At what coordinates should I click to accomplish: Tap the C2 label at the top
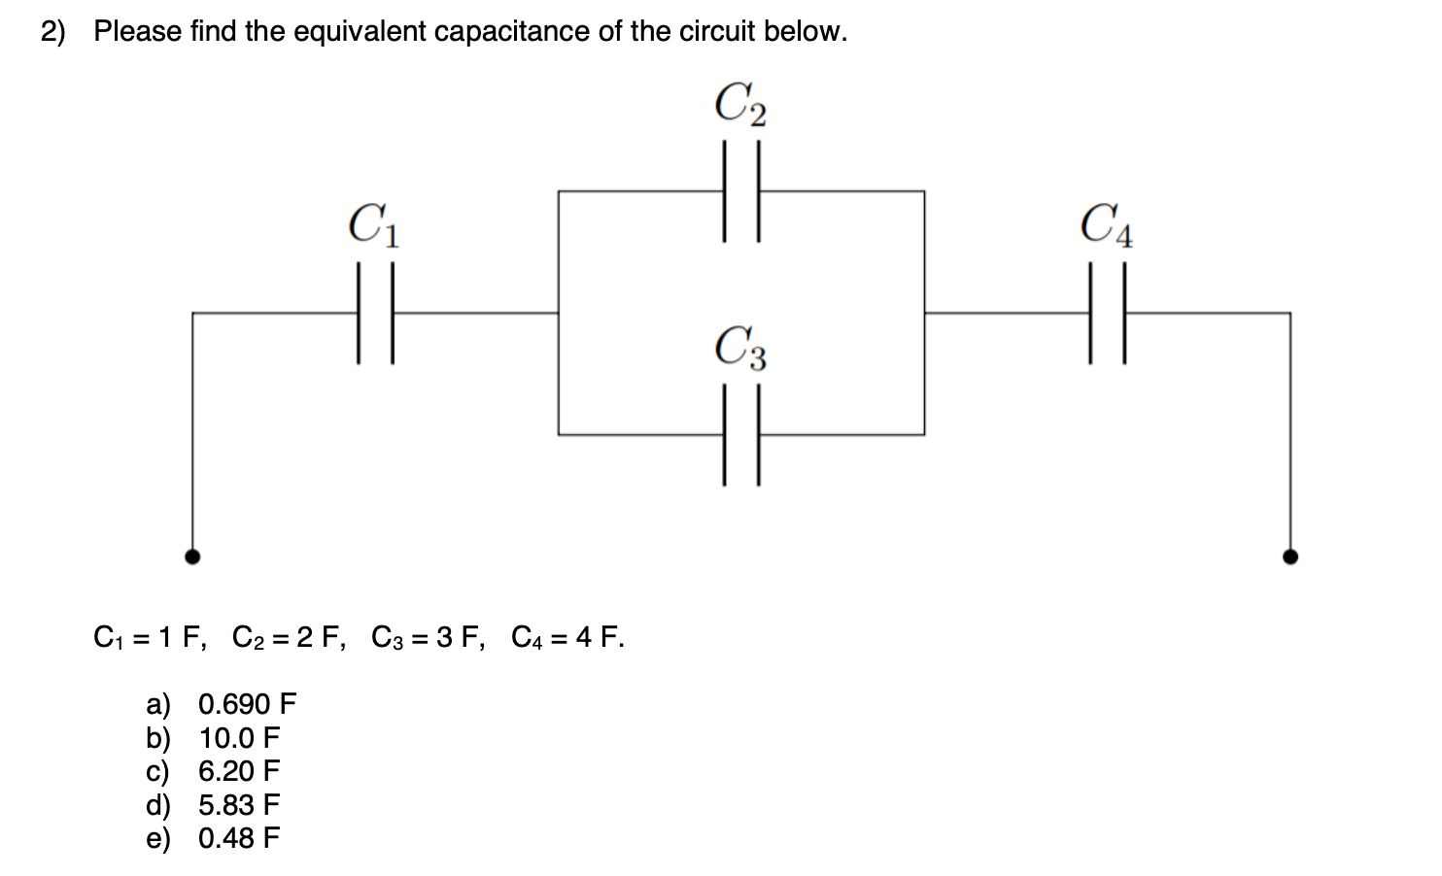point(740,104)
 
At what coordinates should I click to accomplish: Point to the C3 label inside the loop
point(740,349)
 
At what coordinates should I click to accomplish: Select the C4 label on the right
point(1107,225)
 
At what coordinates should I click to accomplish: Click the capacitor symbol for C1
point(375,313)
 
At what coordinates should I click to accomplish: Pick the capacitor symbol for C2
point(740,191)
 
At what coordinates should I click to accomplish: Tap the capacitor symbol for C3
point(740,435)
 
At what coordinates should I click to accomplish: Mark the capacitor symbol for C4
point(1107,313)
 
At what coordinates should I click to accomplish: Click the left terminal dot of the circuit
point(193,556)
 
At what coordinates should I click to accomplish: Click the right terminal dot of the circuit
point(1290,556)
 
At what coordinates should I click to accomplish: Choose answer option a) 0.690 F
point(222,703)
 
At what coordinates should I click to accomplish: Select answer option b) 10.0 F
point(214,737)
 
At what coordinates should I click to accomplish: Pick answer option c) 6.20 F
point(214,771)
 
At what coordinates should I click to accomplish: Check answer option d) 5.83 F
point(214,805)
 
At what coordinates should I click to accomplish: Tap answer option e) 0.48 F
point(214,838)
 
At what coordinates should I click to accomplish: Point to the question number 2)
point(53,32)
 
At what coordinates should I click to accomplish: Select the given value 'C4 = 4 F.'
point(567,638)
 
